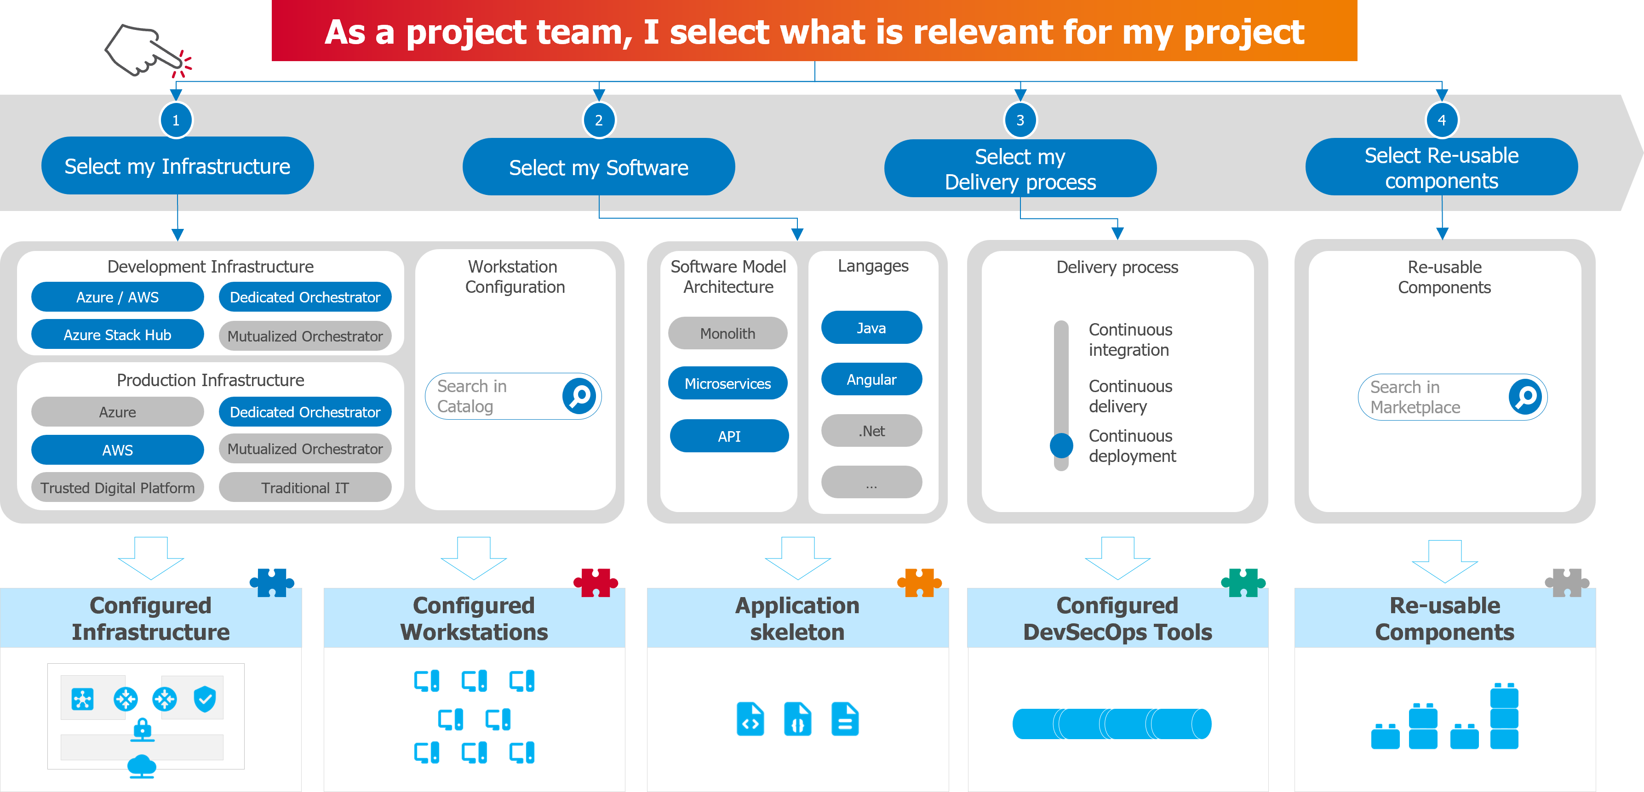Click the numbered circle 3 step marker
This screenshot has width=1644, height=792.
tap(1020, 120)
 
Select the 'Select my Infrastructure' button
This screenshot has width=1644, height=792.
tap(178, 166)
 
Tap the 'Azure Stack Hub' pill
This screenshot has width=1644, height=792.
tap(117, 335)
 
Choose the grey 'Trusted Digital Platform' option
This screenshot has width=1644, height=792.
tap(117, 488)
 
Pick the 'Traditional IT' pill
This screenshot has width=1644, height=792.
tap(305, 488)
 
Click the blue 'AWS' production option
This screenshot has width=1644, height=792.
tap(117, 450)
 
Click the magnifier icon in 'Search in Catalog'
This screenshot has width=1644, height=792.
tap(579, 397)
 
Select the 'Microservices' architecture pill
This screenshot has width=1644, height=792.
tap(727, 384)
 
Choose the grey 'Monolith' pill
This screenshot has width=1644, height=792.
tap(727, 334)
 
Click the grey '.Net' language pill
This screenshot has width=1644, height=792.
tap(871, 431)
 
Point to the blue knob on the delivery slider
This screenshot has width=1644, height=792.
tap(1061, 445)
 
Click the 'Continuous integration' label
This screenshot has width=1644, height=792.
tap(1129, 340)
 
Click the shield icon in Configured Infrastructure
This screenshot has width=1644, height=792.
tap(205, 699)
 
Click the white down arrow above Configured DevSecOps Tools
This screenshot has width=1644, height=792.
tap(1117, 557)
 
